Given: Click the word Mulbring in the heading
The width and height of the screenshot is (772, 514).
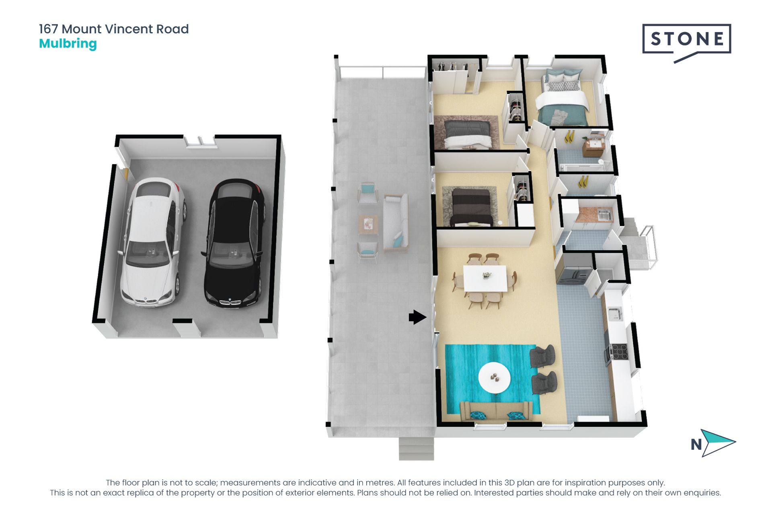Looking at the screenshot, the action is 68,44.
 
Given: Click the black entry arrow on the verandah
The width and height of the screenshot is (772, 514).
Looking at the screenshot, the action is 417,317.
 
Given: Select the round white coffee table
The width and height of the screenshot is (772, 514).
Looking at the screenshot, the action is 494,378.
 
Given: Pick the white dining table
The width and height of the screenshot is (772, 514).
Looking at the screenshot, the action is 485,278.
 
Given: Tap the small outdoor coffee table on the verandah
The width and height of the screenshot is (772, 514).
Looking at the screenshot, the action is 368,225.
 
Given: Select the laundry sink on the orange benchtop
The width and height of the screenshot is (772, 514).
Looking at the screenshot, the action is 603,215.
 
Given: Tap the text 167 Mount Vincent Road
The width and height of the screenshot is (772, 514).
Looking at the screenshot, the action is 114,29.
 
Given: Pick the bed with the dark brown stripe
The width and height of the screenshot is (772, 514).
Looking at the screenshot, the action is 471,206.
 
